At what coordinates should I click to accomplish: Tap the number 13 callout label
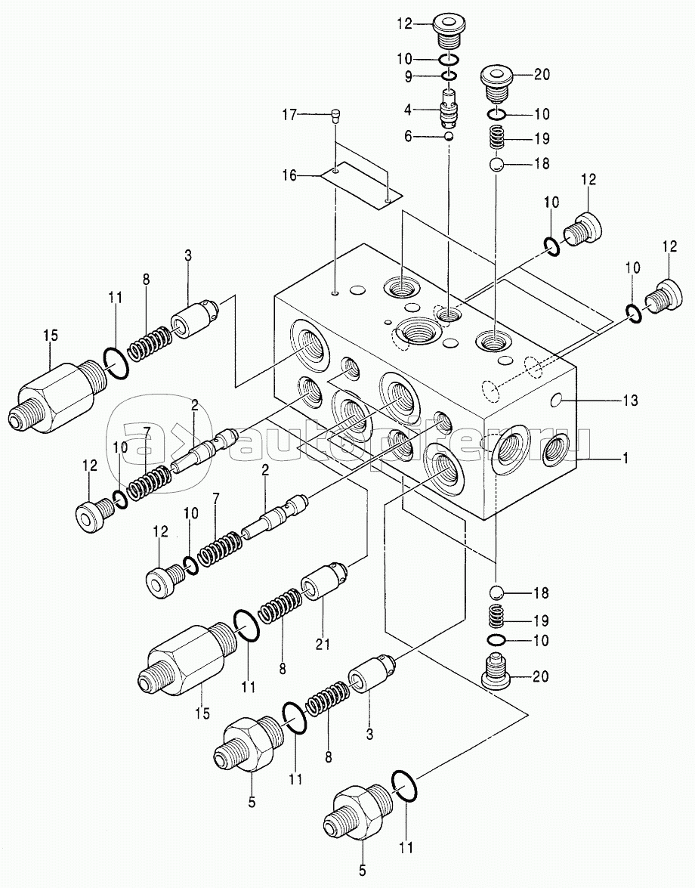[x=630, y=401]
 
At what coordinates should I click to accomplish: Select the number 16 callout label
[x=289, y=176]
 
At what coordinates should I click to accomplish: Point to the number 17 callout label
[x=289, y=115]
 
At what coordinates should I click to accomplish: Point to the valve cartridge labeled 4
[x=449, y=107]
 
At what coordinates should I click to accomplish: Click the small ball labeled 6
[x=449, y=137]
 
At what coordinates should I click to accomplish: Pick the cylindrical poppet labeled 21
[x=323, y=582]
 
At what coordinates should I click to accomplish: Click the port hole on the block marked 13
[x=558, y=401]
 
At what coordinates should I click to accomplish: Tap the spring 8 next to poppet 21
[x=280, y=604]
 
